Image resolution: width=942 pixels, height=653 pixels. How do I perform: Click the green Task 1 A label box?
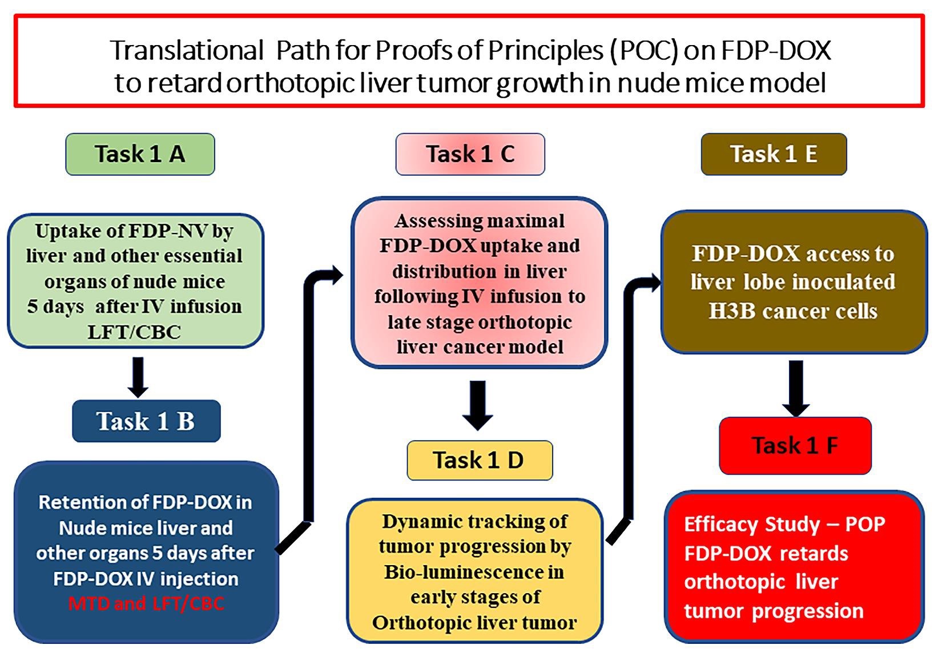[140, 154]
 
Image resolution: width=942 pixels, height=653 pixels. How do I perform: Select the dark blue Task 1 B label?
[146, 421]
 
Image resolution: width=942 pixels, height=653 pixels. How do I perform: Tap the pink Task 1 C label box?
[470, 154]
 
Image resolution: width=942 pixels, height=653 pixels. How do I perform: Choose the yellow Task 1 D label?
[480, 460]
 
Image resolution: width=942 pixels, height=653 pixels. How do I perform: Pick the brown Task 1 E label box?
[774, 154]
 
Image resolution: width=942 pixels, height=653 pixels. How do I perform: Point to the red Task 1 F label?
[795, 446]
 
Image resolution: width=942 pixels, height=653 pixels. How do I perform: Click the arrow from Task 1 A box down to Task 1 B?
[138, 377]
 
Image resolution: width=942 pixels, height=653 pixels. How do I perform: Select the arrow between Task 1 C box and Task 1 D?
[477, 405]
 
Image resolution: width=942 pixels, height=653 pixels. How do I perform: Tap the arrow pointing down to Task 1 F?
[796, 389]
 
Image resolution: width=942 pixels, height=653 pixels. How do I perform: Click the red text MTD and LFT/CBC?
[146, 604]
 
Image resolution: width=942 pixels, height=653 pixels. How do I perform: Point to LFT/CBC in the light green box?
[134, 332]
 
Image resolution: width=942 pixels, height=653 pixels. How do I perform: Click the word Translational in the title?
[187, 50]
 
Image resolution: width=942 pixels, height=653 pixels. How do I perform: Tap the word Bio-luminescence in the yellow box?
[474, 572]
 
